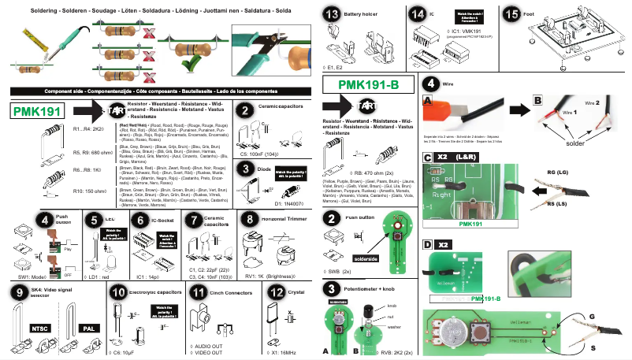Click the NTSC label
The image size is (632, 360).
pyautogui.click(x=40, y=327)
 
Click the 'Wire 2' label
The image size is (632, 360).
pyautogui.click(x=593, y=103)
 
